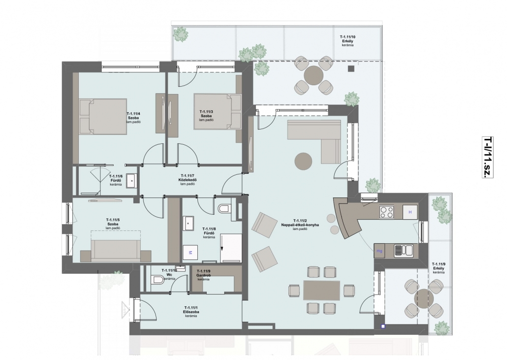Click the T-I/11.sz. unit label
[x=488, y=157]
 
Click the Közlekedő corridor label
[x=188, y=180]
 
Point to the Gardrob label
[x=203, y=275]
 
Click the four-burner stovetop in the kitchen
[x=386, y=212]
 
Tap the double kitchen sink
[x=403, y=251]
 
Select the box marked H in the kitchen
[x=410, y=212]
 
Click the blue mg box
[x=380, y=251]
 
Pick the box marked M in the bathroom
[x=190, y=253]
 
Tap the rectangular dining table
[x=321, y=291]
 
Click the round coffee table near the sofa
[x=303, y=161]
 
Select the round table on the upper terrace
[x=314, y=75]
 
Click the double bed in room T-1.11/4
[x=103, y=116]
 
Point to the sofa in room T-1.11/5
[x=116, y=251]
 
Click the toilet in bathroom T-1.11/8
[x=225, y=209]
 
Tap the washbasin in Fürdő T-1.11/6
[x=131, y=181]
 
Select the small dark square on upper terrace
[x=351, y=68]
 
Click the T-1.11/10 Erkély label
[x=348, y=41]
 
